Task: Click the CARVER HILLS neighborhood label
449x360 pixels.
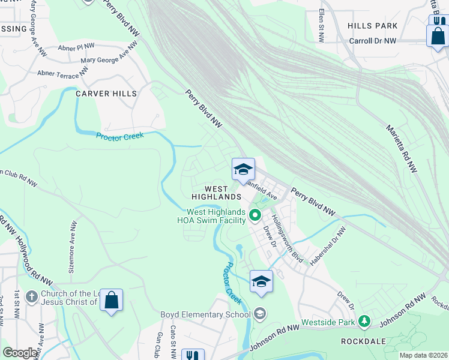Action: [106, 94]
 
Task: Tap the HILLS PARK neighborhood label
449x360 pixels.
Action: [372, 26]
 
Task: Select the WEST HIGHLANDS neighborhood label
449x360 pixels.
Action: [216, 192]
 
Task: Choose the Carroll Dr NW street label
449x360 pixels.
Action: [373, 41]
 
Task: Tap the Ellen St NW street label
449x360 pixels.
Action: [322, 26]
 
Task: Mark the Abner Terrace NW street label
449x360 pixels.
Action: [58, 75]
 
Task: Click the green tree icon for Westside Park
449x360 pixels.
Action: [363, 322]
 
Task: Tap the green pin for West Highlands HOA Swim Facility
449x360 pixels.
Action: [255, 215]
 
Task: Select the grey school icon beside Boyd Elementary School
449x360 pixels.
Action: [260, 314]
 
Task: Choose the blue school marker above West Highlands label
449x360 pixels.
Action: [244, 169]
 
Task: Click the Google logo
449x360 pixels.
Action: [20, 353]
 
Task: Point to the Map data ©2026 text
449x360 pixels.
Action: [423, 355]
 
